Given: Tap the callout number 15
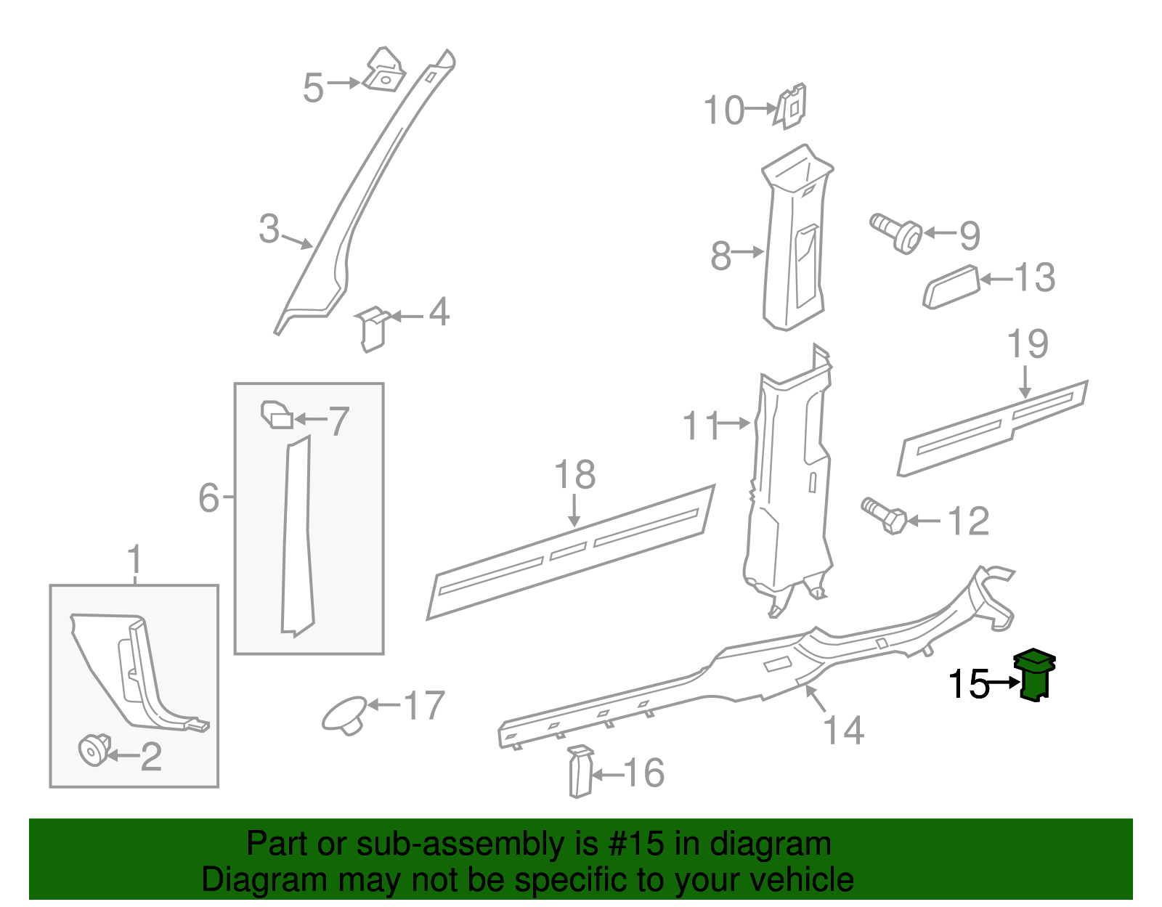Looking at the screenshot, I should tap(969, 684).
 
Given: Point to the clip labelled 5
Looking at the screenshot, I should tap(383, 70).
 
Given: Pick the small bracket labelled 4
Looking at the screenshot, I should tap(372, 329).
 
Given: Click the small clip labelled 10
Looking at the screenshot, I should tap(792, 106).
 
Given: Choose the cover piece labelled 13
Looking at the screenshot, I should tap(951, 287).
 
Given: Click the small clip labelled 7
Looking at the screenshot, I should tap(277, 415).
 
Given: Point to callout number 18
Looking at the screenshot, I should tap(574, 476).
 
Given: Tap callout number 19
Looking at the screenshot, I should tap(1028, 343).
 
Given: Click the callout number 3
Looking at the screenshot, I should tap(269, 229).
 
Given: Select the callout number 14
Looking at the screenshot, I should tap(844, 731).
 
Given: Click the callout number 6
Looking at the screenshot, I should tap(208, 498).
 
